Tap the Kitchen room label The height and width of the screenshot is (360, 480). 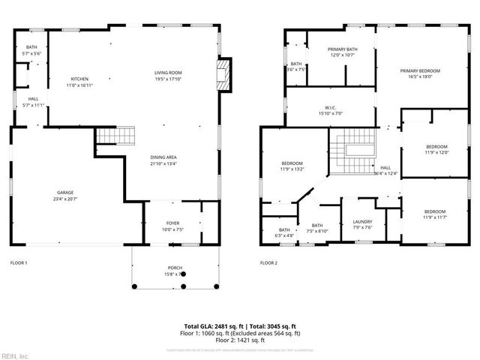[x=80, y=82]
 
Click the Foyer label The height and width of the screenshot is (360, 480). [x=172, y=226]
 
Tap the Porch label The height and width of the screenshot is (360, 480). [x=173, y=271]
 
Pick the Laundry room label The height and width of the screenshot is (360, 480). [x=363, y=226]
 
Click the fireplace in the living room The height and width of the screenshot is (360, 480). [x=223, y=75]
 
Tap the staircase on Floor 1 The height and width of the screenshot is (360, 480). [x=115, y=136]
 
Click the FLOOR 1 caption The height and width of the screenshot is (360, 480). [x=19, y=263]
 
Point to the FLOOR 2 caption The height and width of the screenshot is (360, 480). [x=268, y=263]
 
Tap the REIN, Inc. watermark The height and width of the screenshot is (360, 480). [x=16, y=355]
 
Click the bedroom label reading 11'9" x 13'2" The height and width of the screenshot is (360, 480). [x=292, y=166]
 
